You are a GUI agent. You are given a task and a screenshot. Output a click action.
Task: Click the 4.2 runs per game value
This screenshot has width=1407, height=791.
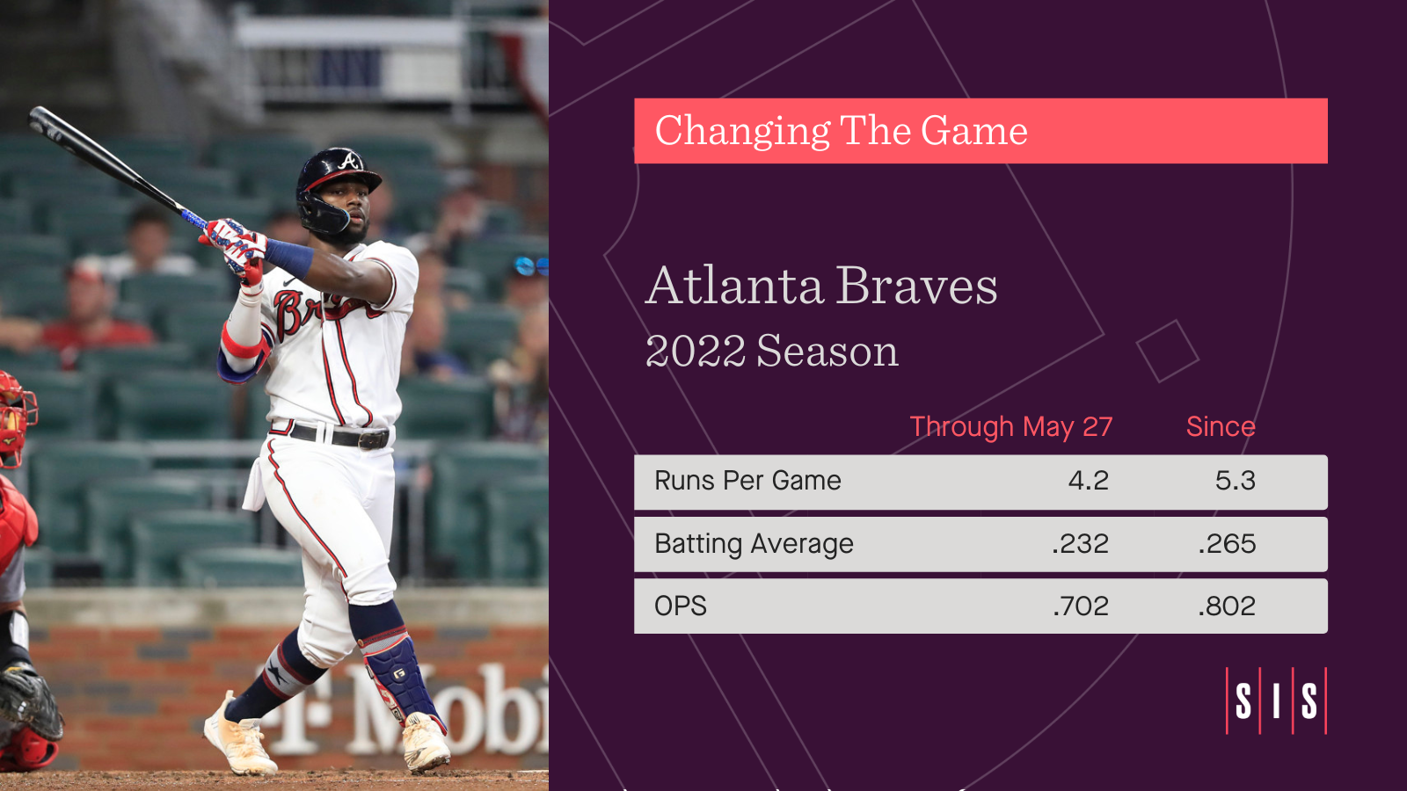(x=1088, y=481)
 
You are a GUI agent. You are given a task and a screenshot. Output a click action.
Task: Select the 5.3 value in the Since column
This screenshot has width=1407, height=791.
(x=1235, y=481)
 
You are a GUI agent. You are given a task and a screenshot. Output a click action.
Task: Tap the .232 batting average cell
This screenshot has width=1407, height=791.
(x=1081, y=544)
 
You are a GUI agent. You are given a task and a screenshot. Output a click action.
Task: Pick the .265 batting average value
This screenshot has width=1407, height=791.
(x=1227, y=544)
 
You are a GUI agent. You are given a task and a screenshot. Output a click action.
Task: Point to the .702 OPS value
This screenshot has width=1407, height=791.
(x=1081, y=606)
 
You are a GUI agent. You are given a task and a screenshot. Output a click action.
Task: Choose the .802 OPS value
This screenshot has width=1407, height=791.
(x=1227, y=606)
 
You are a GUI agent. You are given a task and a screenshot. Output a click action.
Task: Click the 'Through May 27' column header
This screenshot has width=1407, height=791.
(x=1010, y=427)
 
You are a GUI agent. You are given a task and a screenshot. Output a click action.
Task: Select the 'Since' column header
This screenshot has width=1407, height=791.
(x=1221, y=427)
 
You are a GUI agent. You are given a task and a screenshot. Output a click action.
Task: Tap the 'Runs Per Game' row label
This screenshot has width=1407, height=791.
(x=747, y=481)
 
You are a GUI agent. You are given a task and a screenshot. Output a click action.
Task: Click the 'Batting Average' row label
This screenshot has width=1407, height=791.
(x=754, y=544)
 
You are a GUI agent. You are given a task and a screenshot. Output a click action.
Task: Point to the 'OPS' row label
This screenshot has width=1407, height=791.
(x=681, y=606)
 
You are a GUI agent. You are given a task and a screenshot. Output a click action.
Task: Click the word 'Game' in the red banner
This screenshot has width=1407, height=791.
(x=974, y=131)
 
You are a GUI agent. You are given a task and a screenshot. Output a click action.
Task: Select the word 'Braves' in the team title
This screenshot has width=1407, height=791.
(x=916, y=287)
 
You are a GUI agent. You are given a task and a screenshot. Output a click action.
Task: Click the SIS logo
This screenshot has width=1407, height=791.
(x=1276, y=700)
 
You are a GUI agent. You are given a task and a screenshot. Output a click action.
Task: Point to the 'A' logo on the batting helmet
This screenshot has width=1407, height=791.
(x=350, y=162)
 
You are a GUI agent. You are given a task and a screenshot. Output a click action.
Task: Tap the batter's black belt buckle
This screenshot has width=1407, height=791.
(x=374, y=439)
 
